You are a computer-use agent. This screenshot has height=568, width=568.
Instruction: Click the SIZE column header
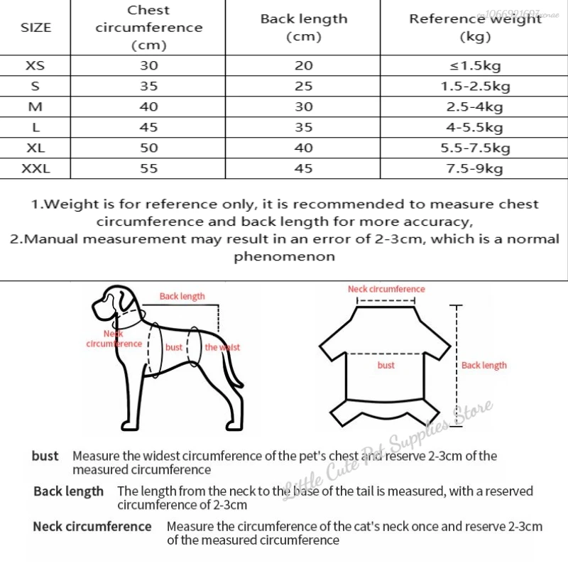click(36, 28)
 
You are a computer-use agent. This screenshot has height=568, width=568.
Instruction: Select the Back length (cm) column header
click(304, 28)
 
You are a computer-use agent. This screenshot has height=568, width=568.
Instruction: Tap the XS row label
click(35, 65)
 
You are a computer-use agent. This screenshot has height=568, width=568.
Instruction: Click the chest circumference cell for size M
click(148, 106)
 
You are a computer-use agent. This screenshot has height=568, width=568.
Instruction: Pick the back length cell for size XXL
click(303, 168)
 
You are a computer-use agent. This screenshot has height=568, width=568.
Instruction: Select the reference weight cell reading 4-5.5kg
click(475, 127)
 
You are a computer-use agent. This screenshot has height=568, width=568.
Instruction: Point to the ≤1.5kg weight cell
click(475, 66)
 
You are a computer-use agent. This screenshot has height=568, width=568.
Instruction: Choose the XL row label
click(35, 148)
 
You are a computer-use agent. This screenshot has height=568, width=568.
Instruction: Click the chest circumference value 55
click(148, 168)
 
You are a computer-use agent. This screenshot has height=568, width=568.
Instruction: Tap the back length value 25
click(303, 87)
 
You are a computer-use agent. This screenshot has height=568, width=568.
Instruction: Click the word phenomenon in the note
click(284, 256)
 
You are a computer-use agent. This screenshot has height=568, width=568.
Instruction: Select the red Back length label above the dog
click(182, 296)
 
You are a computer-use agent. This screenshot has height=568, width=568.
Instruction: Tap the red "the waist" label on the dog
click(222, 347)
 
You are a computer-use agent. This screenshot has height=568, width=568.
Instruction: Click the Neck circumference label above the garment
click(386, 289)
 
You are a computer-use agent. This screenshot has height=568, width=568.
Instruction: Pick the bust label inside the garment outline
click(386, 365)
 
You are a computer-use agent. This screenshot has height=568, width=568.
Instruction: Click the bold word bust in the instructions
click(45, 456)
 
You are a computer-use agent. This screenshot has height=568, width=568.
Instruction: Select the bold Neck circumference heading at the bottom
click(92, 526)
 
